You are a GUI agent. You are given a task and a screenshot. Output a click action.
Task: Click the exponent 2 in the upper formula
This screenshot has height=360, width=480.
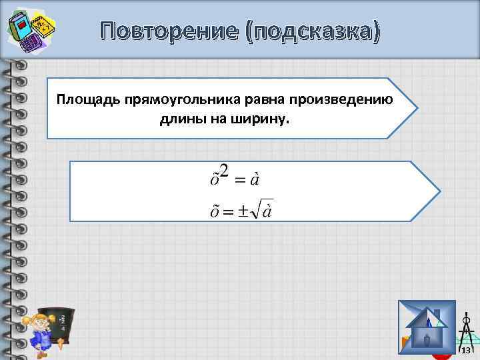(x=224, y=171)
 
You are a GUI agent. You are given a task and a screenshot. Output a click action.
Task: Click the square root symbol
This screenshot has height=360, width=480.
(x=257, y=211)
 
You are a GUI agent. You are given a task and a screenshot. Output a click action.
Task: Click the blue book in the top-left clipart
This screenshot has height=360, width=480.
(x=21, y=27)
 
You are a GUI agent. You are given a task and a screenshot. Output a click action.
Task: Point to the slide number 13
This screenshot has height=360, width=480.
(x=466, y=351)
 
